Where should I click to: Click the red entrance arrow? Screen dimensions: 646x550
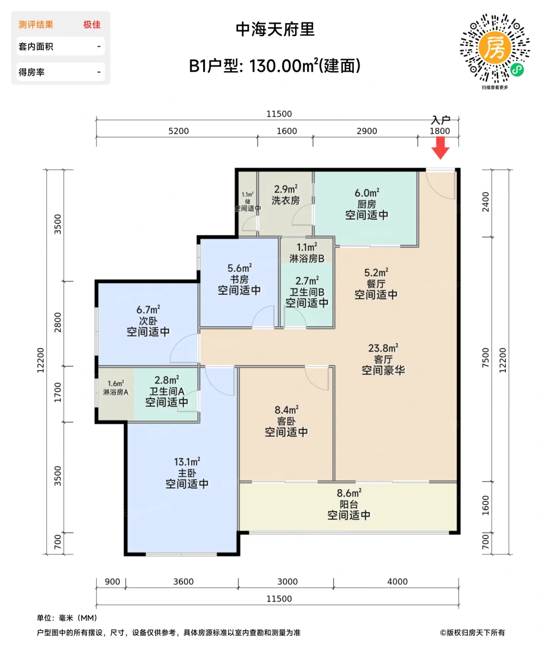click(x=441, y=148)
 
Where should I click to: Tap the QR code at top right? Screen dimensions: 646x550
click(x=495, y=48)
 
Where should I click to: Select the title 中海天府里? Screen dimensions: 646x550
click(x=275, y=30)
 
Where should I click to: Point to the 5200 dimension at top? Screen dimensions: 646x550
click(x=179, y=131)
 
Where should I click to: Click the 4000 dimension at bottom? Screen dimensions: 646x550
click(x=397, y=581)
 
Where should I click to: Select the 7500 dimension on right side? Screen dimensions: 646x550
click(x=485, y=358)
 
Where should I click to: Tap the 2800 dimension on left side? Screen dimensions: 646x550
click(x=58, y=322)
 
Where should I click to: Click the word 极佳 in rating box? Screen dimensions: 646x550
click(x=92, y=24)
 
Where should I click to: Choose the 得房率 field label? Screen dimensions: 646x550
click(x=32, y=72)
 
